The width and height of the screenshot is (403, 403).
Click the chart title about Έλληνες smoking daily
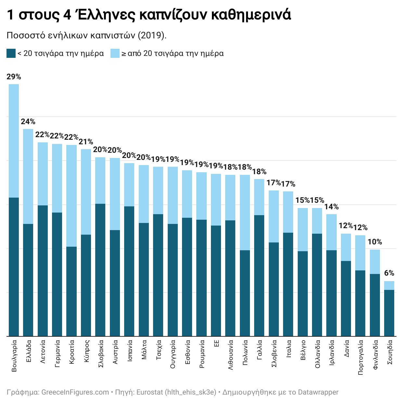click(149, 15)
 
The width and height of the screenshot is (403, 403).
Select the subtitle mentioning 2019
click(86, 35)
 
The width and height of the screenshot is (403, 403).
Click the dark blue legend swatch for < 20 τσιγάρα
click(11, 53)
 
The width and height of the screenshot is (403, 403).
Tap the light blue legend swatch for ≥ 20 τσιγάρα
click(115, 53)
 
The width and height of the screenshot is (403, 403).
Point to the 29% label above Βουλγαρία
click(14, 77)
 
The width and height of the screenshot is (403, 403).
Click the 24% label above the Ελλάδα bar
click(28, 122)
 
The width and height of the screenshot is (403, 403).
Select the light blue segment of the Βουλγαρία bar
click(14, 141)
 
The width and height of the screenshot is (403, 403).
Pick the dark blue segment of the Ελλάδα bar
click(28, 279)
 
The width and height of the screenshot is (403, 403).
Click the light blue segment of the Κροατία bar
click(71, 196)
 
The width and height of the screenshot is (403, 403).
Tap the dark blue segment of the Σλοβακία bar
click(100, 270)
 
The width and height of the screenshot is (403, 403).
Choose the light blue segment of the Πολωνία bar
click(245, 213)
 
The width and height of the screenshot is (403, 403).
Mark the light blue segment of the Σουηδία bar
click(389, 285)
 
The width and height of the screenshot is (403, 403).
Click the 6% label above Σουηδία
click(389, 273)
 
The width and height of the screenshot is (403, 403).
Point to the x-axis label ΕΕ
click(216, 344)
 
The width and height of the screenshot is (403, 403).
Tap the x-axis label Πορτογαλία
click(360, 357)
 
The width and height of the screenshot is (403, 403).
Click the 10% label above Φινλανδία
click(375, 242)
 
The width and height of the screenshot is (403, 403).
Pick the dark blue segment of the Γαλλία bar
click(259, 276)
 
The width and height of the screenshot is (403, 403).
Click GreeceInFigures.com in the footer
click(75, 392)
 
